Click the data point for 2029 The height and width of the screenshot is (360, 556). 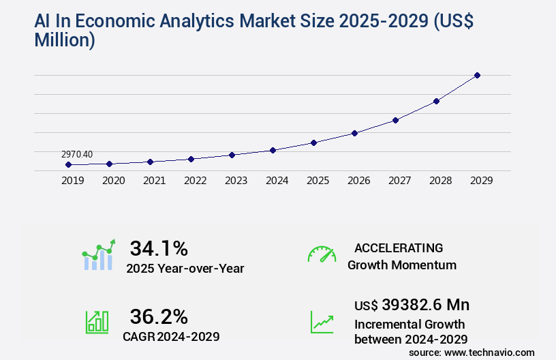pyautogui.click(x=477, y=75)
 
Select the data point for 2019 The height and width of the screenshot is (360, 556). pyautogui.click(x=68, y=164)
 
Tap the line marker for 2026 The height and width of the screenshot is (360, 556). pyautogui.click(x=354, y=133)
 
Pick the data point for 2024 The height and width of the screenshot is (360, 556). pyautogui.click(x=273, y=150)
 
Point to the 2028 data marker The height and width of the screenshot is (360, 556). pyautogui.click(x=436, y=101)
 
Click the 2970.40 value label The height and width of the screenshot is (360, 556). pyautogui.click(x=77, y=155)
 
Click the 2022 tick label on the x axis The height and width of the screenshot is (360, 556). pyautogui.click(x=195, y=181)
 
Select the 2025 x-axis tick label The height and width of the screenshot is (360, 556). pyautogui.click(x=318, y=181)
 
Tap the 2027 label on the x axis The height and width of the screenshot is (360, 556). pyautogui.click(x=399, y=181)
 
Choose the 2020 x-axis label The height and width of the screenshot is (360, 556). pyautogui.click(x=113, y=181)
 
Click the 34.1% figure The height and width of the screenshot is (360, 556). pyautogui.click(x=159, y=247)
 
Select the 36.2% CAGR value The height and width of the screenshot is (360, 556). pyautogui.click(x=159, y=316)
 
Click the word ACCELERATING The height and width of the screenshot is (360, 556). pyautogui.click(x=399, y=247)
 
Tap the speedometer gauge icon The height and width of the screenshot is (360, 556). pyautogui.click(x=322, y=254)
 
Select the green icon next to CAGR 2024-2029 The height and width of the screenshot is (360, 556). pyautogui.click(x=97, y=322)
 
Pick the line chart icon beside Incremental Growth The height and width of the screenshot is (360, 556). pyautogui.click(x=322, y=322)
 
